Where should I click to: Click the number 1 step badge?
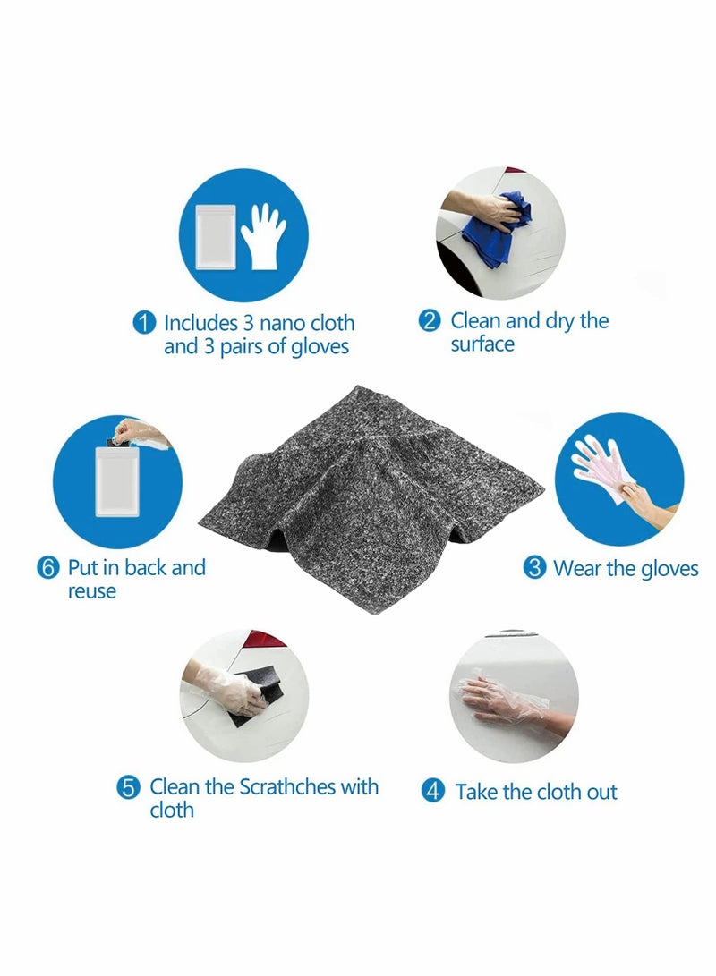coord(144,323)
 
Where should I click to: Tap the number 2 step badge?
coord(430,321)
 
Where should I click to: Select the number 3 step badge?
coord(534,568)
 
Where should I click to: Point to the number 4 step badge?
coord(434,792)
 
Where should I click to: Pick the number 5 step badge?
coord(130,788)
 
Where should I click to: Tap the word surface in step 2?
coord(482,344)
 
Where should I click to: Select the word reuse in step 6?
coord(92,591)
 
